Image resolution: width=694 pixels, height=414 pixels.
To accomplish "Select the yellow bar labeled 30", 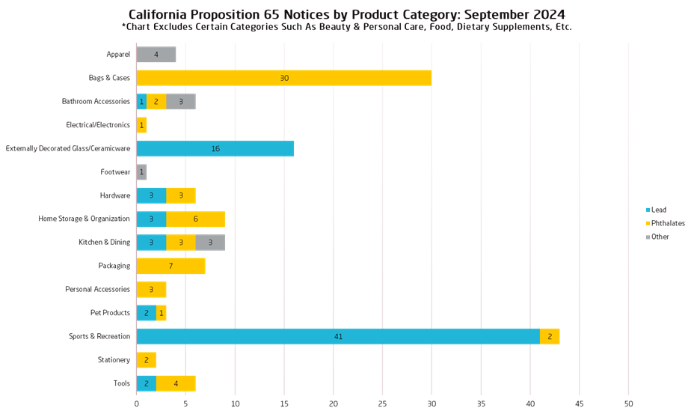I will click(x=283, y=78).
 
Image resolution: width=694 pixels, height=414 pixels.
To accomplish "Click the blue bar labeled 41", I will click(x=337, y=336).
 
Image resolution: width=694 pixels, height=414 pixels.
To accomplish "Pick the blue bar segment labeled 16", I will click(x=215, y=148).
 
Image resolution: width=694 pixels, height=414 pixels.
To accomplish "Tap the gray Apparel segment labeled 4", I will click(x=156, y=55).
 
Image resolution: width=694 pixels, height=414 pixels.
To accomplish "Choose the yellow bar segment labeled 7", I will click(x=171, y=266).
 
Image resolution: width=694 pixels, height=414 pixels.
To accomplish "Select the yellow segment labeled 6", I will click(x=195, y=219).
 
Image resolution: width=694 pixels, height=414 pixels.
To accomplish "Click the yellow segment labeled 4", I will click(x=176, y=383).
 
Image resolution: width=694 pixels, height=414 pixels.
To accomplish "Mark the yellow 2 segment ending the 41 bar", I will click(x=550, y=336).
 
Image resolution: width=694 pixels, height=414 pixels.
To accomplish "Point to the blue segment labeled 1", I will click(x=141, y=102).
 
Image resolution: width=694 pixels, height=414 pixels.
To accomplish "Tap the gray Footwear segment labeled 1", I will click(x=141, y=172).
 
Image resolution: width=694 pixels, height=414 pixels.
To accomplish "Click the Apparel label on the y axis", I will click(x=118, y=55).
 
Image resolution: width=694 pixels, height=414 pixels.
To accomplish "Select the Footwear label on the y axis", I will click(x=116, y=172).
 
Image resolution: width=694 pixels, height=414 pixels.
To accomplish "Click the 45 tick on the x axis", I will click(x=579, y=404).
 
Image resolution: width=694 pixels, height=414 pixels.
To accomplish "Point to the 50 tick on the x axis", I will click(x=628, y=404).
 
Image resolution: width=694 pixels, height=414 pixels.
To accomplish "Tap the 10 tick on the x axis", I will click(x=235, y=404).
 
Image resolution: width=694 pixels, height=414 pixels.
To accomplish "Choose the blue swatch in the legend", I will click(x=648, y=214).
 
